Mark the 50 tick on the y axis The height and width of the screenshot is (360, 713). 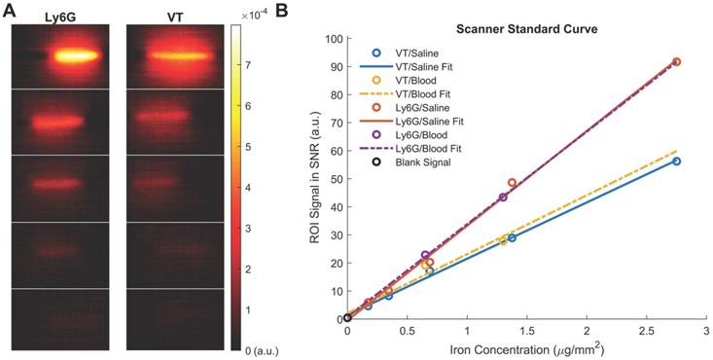pyautogui.click(x=336, y=180)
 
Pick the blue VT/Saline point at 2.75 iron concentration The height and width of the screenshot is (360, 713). pyautogui.click(x=676, y=162)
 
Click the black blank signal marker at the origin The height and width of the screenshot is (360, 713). pyautogui.click(x=347, y=318)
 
